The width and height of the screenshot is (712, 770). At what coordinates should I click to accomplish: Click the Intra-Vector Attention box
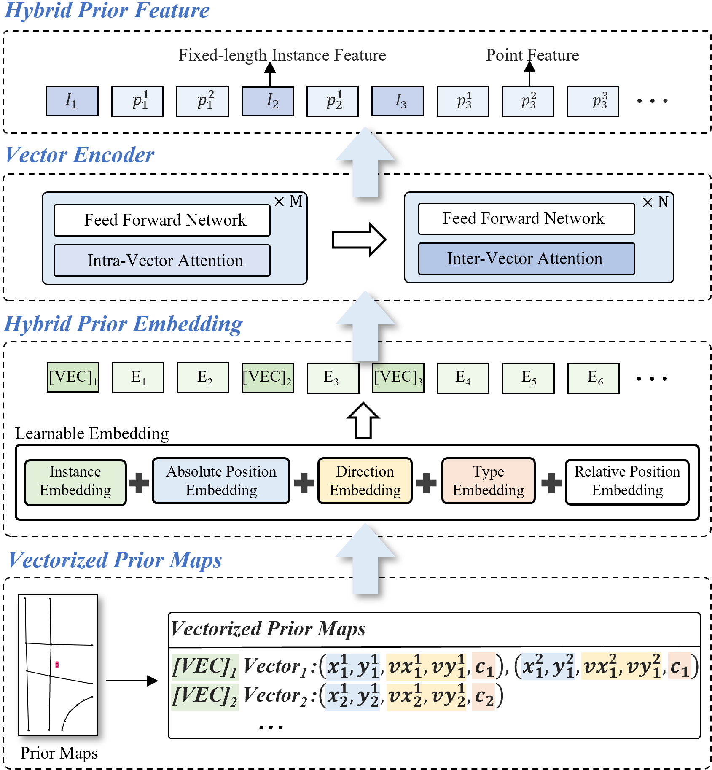click(162, 260)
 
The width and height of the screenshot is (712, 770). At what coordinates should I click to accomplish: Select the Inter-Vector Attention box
click(527, 258)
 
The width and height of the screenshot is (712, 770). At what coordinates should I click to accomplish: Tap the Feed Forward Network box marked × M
click(162, 220)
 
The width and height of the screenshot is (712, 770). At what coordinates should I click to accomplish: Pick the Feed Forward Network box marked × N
click(527, 218)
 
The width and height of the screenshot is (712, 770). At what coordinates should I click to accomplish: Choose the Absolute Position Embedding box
click(221, 481)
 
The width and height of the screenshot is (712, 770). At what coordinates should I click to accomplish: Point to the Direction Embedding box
click(365, 481)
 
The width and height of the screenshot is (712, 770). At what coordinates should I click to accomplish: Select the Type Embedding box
click(489, 481)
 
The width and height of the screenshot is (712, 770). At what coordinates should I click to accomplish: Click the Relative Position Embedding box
click(627, 482)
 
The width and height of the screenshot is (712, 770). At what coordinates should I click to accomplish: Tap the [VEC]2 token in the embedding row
click(268, 378)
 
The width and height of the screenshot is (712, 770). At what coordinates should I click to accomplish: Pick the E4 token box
click(463, 378)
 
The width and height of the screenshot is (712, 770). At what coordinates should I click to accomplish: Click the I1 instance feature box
click(72, 101)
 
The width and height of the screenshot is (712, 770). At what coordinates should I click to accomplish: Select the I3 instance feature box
click(398, 101)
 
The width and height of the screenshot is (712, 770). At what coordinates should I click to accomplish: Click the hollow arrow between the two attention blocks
click(359, 240)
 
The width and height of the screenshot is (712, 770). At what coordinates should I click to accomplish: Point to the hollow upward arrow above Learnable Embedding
click(363, 420)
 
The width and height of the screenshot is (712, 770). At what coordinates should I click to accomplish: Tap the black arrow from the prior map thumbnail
click(132, 680)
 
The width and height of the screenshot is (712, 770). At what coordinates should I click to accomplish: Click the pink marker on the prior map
click(57, 665)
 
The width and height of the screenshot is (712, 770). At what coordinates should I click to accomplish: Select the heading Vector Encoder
click(80, 155)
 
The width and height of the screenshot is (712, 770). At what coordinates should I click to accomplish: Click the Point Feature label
click(532, 55)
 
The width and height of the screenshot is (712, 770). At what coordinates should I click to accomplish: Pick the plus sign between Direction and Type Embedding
click(427, 482)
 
